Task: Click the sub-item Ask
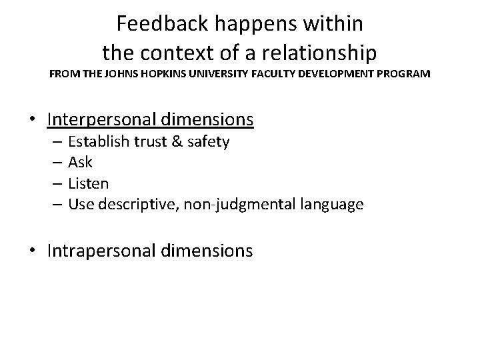point(80,163)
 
